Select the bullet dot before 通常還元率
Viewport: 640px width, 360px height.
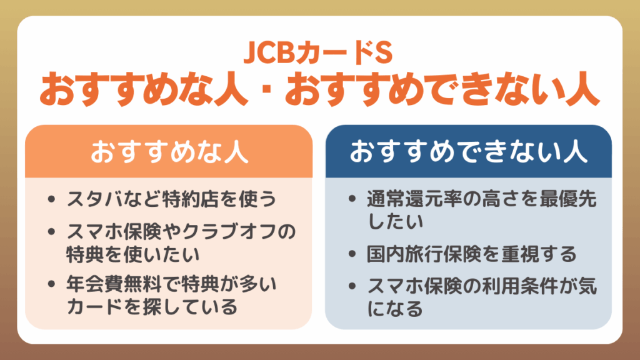point(353,200)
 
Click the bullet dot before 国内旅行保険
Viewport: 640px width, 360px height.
point(353,254)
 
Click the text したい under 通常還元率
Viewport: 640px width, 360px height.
point(396,222)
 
